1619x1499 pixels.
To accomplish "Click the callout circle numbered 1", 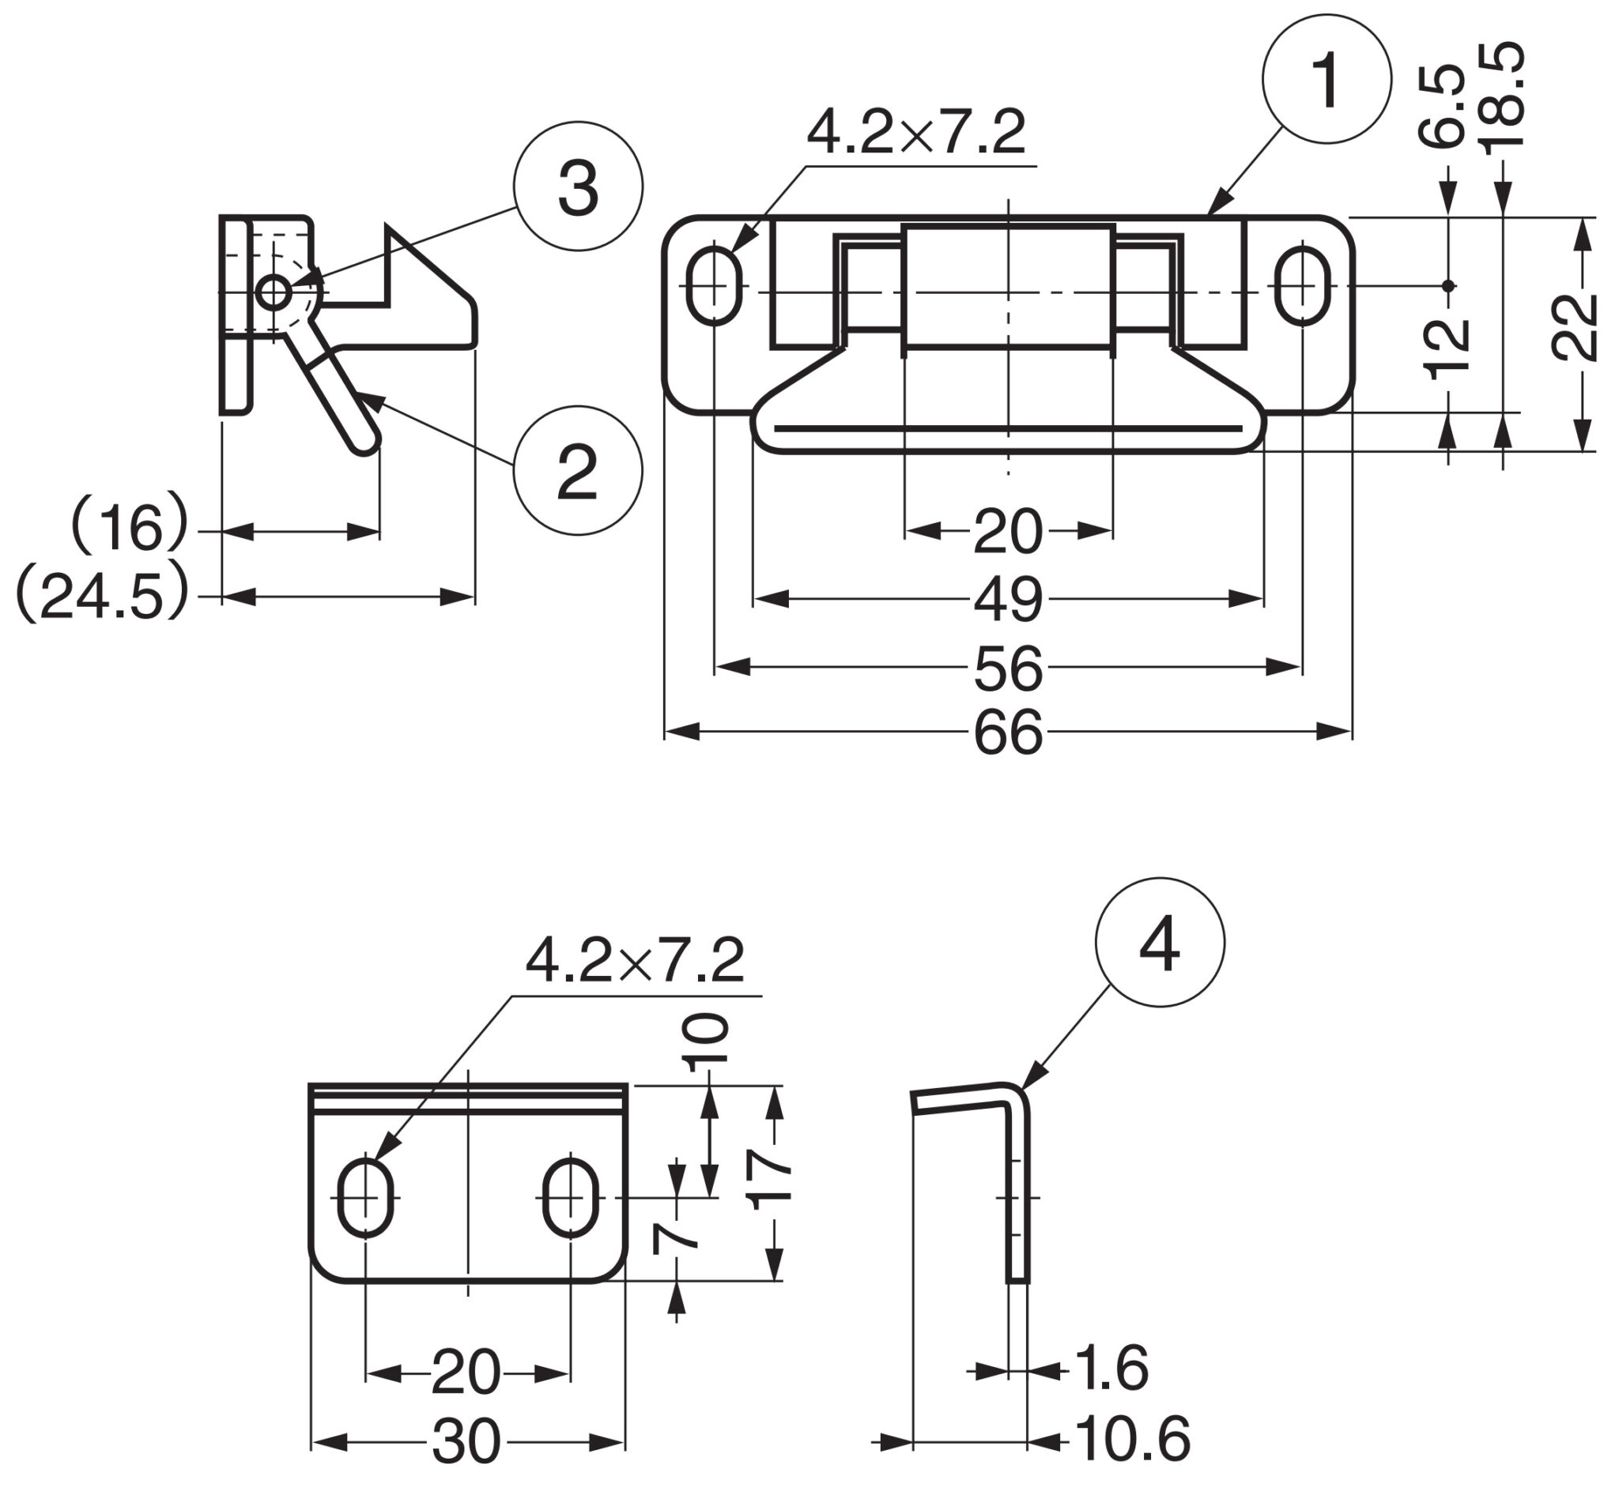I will click(x=1326, y=80).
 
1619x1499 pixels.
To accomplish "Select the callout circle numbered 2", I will click(x=578, y=470).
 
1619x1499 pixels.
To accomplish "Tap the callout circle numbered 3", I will click(x=578, y=186).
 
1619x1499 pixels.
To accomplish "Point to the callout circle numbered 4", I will click(x=1159, y=943).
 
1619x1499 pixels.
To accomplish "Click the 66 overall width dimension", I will click(x=1007, y=733).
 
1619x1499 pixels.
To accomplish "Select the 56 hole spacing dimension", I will click(x=1007, y=669).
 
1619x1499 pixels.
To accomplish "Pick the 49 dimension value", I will click(x=1007, y=601).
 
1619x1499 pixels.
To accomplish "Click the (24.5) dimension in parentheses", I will click(x=101, y=597).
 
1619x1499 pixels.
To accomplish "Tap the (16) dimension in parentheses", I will click(x=130, y=529).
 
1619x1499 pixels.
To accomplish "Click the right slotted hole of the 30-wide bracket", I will click(x=571, y=1197).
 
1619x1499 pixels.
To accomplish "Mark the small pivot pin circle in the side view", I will click(x=274, y=292).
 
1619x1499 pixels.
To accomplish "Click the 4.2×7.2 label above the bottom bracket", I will click(x=635, y=961).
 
